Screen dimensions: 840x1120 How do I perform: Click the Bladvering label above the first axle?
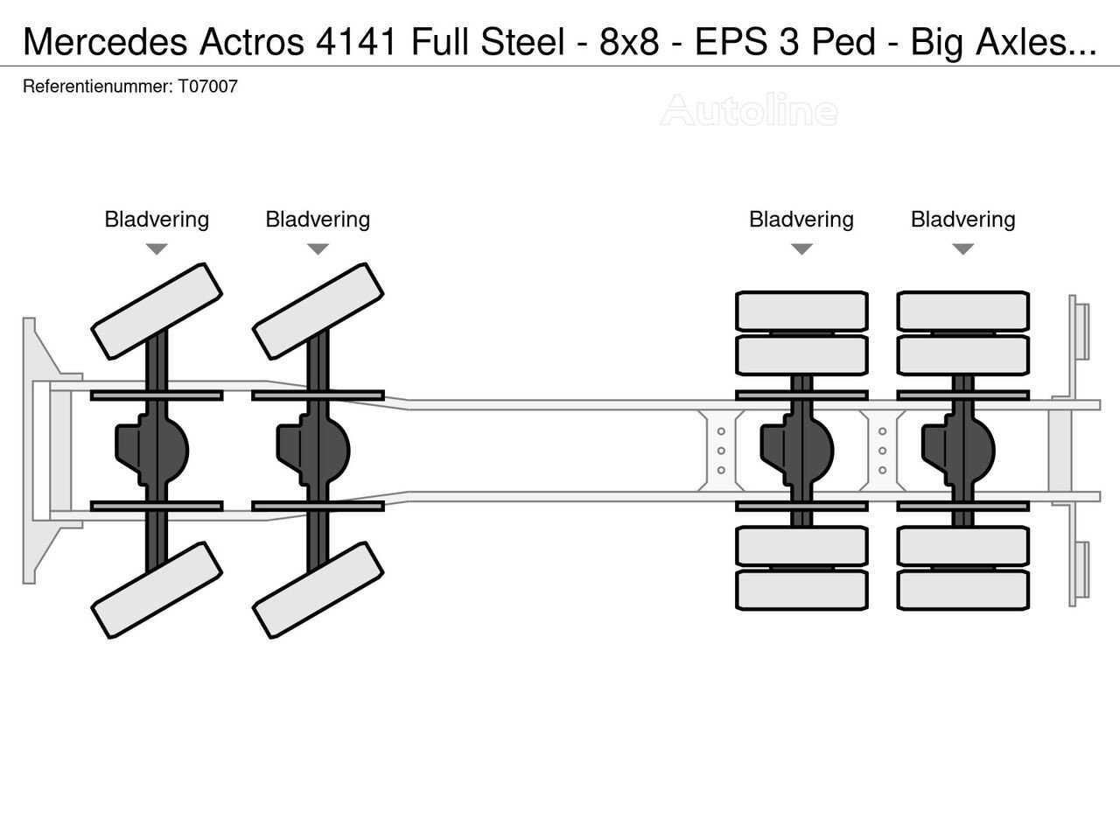pyautogui.click(x=157, y=219)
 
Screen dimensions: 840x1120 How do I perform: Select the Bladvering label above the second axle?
pyautogui.click(x=318, y=219)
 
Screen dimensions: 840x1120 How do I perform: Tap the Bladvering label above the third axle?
pyautogui.click(x=801, y=219)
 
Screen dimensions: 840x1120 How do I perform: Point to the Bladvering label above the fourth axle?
pyautogui.click(x=962, y=219)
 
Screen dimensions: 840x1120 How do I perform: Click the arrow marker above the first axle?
pyautogui.click(x=157, y=249)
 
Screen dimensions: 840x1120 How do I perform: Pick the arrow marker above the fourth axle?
pyautogui.click(x=962, y=249)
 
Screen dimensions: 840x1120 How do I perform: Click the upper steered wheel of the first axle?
pyautogui.click(x=157, y=311)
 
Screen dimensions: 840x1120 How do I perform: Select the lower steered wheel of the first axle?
pyautogui.click(x=157, y=591)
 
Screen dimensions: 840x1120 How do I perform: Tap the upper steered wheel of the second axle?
pyautogui.click(x=318, y=311)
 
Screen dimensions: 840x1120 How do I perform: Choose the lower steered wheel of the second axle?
pyautogui.click(x=318, y=591)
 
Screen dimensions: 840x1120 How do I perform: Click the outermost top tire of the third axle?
pyautogui.click(x=801, y=311)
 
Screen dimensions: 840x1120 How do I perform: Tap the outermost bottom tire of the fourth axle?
pyautogui.click(x=962, y=590)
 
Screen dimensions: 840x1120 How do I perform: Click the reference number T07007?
pyautogui.click(x=208, y=87)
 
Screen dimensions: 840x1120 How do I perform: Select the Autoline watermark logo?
pyautogui.click(x=749, y=111)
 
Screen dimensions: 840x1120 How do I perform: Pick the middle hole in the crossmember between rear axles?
pyautogui.click(x=882, y=451)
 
